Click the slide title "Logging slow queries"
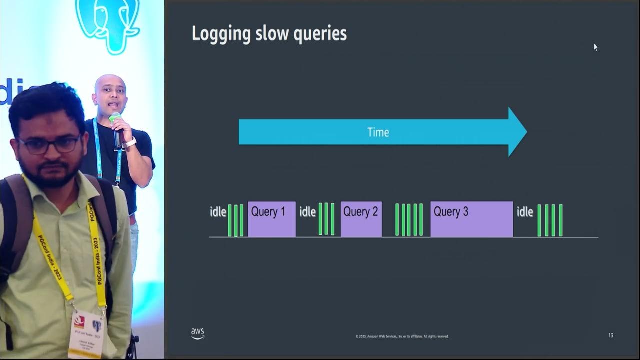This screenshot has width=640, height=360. coord(269,34)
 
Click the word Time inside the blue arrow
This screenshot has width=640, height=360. coord(378,132)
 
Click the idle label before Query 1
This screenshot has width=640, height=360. coord(218,212)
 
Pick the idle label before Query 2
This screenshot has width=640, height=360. coord(307,212)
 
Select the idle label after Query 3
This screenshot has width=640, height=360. coord(525,212)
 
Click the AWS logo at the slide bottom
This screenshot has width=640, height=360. coord(197,333)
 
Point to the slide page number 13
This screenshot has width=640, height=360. coord(611,335)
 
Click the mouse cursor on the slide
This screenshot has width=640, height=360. coord(595,47)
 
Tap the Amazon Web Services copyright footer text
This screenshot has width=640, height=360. coord(402,336)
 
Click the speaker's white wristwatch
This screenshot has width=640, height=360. coord(130,142)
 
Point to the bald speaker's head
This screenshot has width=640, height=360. coord(108,90)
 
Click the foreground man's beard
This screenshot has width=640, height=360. coord(52,172)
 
